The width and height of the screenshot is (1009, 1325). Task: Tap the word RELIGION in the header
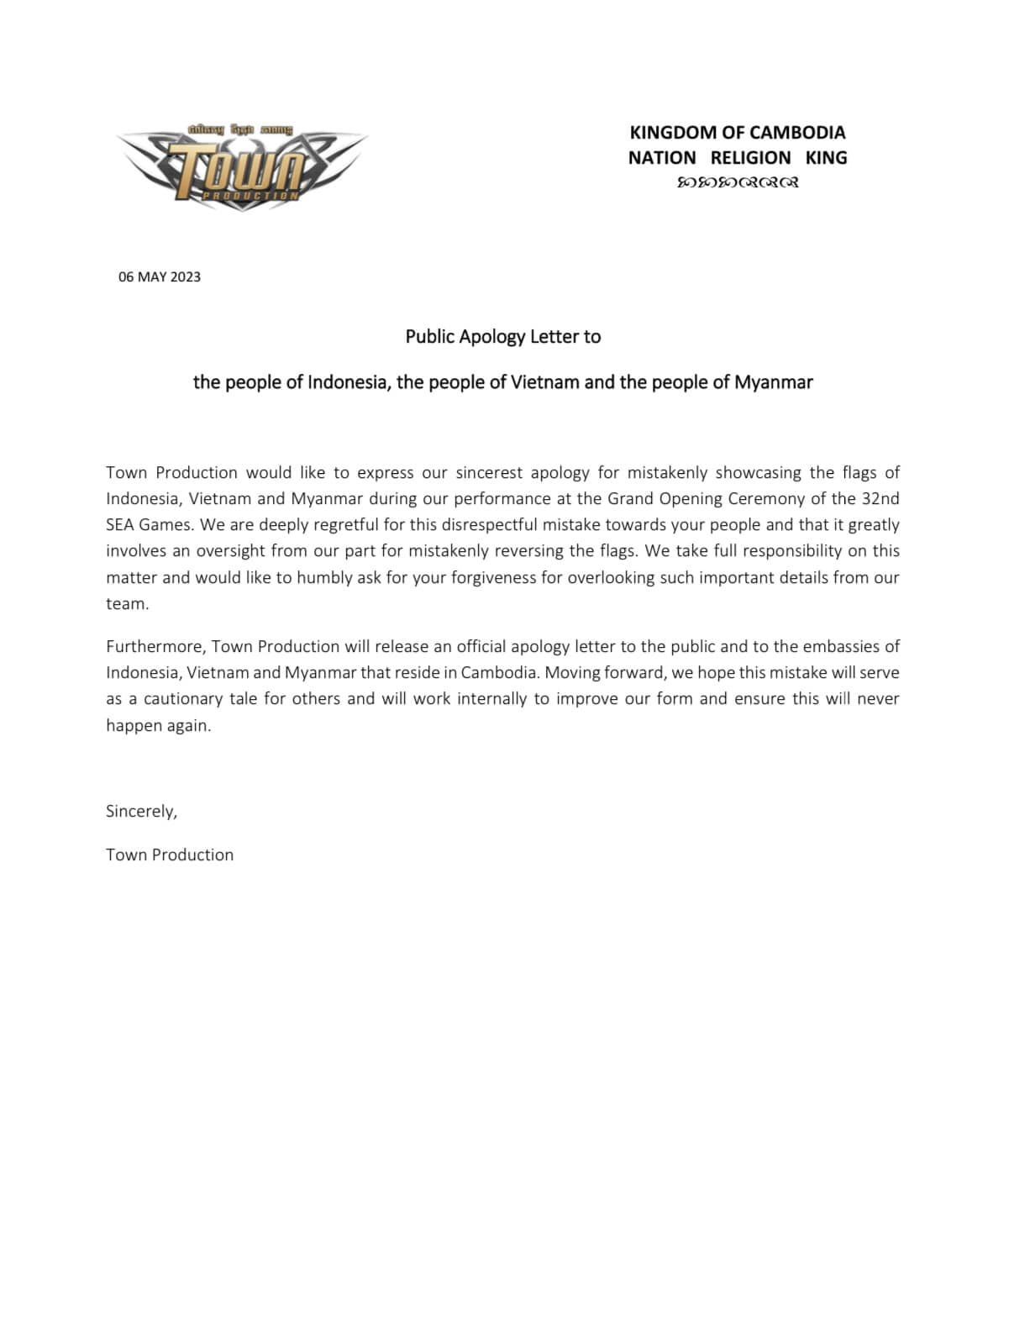(x=750, y=158)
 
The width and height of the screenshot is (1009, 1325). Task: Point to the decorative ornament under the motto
(x=737, y=182)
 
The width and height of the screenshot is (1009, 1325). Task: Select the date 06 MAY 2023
(x=160, y=277)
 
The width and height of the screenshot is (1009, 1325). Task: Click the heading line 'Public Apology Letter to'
(x=502, y=337)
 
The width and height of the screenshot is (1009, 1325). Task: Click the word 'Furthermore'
(x=154, y=647)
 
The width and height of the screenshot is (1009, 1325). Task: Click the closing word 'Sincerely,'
(x=141, y=812)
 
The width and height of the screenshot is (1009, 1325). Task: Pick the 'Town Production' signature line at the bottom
(x=170, y=855)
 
